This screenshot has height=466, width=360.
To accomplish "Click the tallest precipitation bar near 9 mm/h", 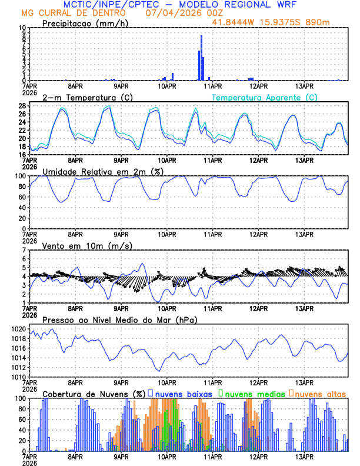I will [x=201, y=58].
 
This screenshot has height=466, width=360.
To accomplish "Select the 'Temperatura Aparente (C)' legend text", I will [x=264, y=97].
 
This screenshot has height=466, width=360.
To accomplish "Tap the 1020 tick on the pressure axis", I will [x=18, y=329].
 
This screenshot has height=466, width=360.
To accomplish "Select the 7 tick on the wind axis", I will [x=25, y=251].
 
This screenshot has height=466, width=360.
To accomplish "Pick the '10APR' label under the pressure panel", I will [x=167, y=382].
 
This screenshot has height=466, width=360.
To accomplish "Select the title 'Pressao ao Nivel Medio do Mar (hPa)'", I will [x=119, y=319].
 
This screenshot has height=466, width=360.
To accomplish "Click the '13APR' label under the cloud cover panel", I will [x=304, y=456].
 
